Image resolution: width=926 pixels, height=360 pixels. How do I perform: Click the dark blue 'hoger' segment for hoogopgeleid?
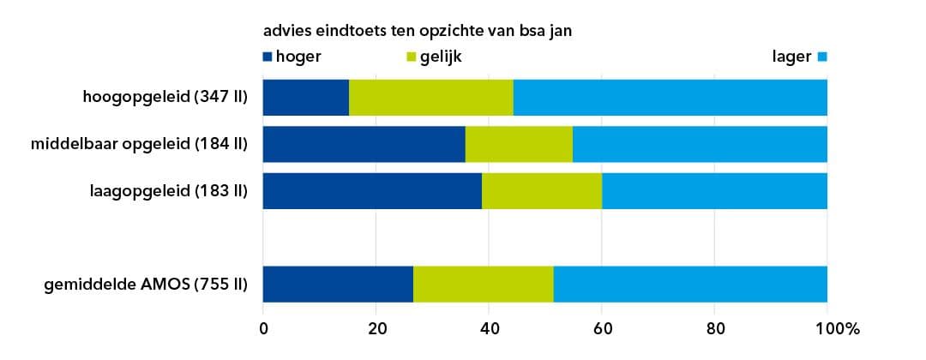point(305,97)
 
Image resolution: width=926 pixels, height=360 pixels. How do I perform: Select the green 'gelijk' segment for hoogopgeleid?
point(431,97)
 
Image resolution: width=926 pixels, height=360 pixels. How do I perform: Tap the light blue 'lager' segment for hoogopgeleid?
point(670,97)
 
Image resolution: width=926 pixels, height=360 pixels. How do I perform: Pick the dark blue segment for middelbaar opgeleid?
point(364,144)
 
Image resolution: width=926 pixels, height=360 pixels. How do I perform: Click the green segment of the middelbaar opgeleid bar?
point(519,144)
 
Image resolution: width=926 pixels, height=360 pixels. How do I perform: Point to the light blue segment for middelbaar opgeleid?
point(700,144)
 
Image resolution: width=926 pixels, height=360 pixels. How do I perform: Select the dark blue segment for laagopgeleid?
point(372,190)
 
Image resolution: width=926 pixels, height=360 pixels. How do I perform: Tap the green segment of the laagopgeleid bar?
point(542,190)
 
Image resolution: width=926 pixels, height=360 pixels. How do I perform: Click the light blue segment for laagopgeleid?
point(714,190)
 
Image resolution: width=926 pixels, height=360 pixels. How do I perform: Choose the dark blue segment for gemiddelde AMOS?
point(338,284)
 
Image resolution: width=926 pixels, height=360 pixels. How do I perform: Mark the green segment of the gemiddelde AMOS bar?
point(484,284)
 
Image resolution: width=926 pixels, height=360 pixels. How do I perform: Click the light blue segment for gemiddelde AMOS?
point(690,284)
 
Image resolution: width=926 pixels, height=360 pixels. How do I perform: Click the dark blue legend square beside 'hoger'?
point(268,57)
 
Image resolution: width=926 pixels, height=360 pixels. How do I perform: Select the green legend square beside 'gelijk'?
point(411,57)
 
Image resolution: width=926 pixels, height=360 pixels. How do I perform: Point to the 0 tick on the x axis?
point(263,327)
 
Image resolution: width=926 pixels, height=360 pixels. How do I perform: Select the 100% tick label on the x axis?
point(836,327)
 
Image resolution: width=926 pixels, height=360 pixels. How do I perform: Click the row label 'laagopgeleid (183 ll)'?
point(168,190)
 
